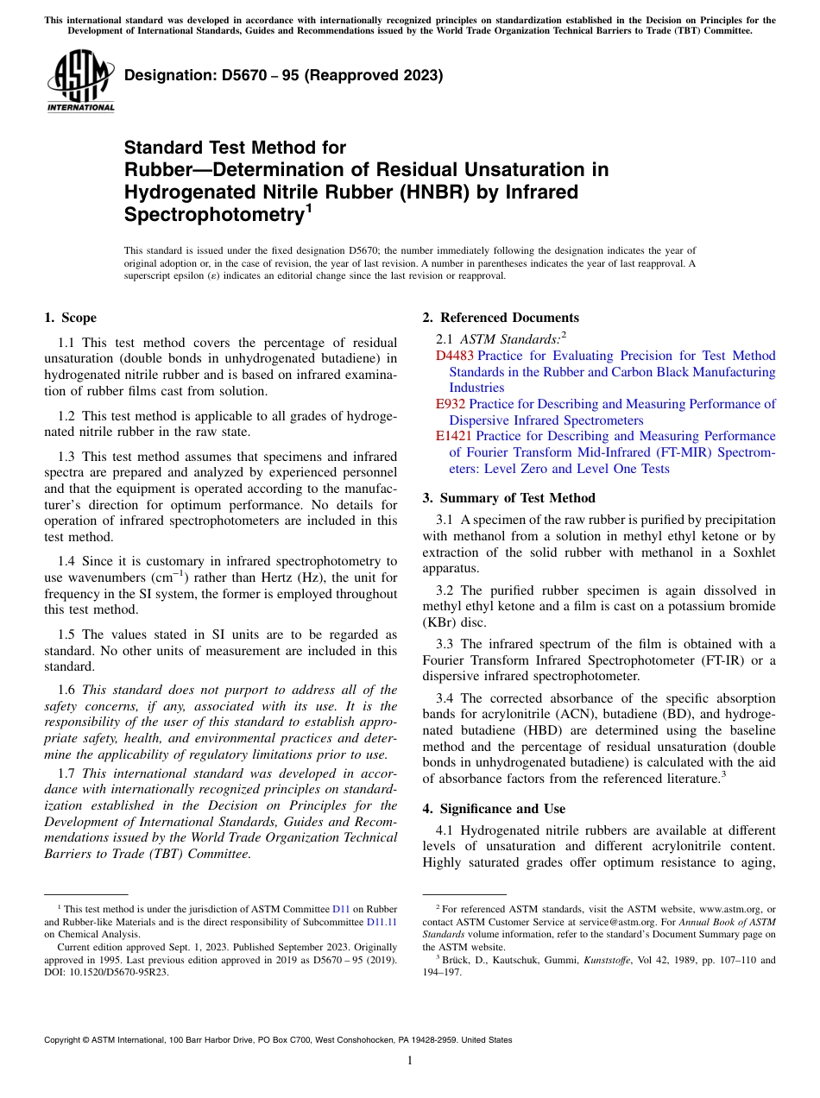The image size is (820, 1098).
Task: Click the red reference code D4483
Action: pos(454,356)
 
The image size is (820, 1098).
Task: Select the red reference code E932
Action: pos(451,404)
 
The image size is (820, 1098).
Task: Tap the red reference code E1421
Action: pos(454,437)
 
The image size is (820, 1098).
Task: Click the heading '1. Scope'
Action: pos(70,318)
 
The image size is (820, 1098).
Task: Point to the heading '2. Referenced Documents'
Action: pos(500,318)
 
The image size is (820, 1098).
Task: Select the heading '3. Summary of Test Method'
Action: pos(508,497)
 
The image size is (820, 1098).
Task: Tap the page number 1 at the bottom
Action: pos(410,1061)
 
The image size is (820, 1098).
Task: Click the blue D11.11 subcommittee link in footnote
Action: pos(382,921)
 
